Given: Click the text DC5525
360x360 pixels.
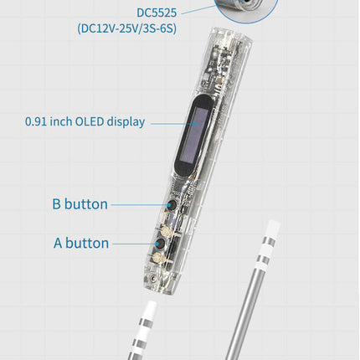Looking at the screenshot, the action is point(157,13).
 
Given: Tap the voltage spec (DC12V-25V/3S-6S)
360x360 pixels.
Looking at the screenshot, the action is point(127,28).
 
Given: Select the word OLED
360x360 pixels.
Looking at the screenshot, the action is point(90,121).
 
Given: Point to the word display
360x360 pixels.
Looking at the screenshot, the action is point(126,122).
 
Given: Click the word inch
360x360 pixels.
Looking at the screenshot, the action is point(61,121).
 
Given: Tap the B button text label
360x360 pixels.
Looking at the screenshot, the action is point(80,204).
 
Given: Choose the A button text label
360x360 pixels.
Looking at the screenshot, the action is point(81,243).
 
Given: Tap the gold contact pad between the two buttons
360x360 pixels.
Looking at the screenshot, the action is point(166,231).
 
